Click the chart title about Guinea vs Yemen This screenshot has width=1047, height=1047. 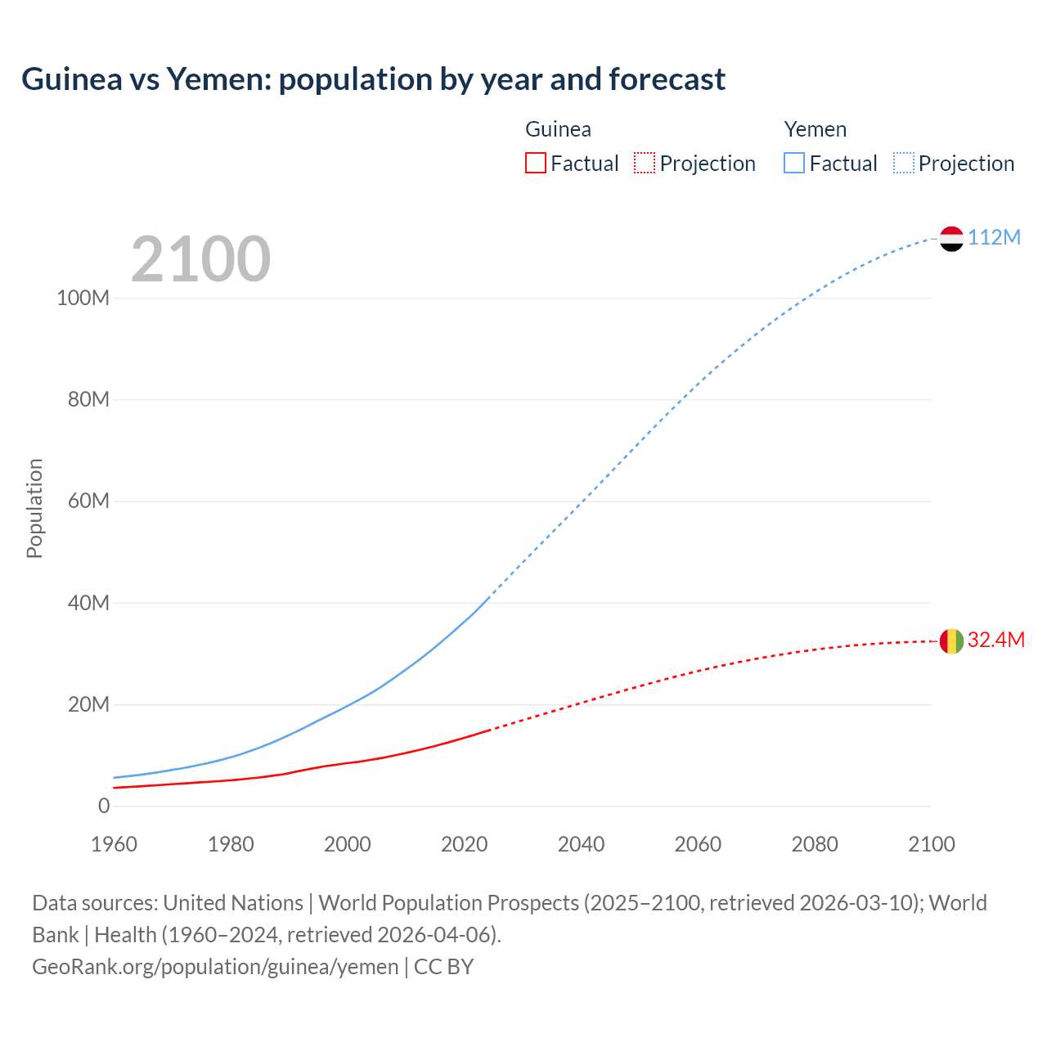click(x=373, y=79)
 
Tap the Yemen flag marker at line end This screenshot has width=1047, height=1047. click(x=951, y=238)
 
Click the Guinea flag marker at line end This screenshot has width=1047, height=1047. click(x=951, y=641)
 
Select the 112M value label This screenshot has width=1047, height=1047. click(x=994, y=237)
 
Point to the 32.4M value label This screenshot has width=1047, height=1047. click(x=995, y=640)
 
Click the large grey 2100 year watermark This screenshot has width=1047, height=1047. click(x=200, y=259)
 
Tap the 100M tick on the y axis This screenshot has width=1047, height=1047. click(x=83, y=298)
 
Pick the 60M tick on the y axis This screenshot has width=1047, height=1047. click(x=88, y=501)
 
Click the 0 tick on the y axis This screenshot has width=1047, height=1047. click(x=104, y=806)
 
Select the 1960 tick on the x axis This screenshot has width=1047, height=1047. click(x=114, y=844)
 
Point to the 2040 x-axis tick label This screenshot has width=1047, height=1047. click(x=581, y=844)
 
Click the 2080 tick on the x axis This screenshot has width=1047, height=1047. click(x=815, y=844)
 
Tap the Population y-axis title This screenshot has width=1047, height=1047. click(x=34, y=508)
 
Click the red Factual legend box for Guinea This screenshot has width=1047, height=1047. click(x=536, y=163)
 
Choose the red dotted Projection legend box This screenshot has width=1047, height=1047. click(x=645, y=163)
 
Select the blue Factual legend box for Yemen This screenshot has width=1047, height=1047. click(x=794, y=163)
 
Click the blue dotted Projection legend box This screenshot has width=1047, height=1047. click(x=904, y=163)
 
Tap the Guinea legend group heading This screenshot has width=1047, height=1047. click(x=558, y=129)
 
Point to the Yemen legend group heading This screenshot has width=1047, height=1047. click(x=815, y=129)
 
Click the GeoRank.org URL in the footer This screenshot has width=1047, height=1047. click(x=215, y=966)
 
